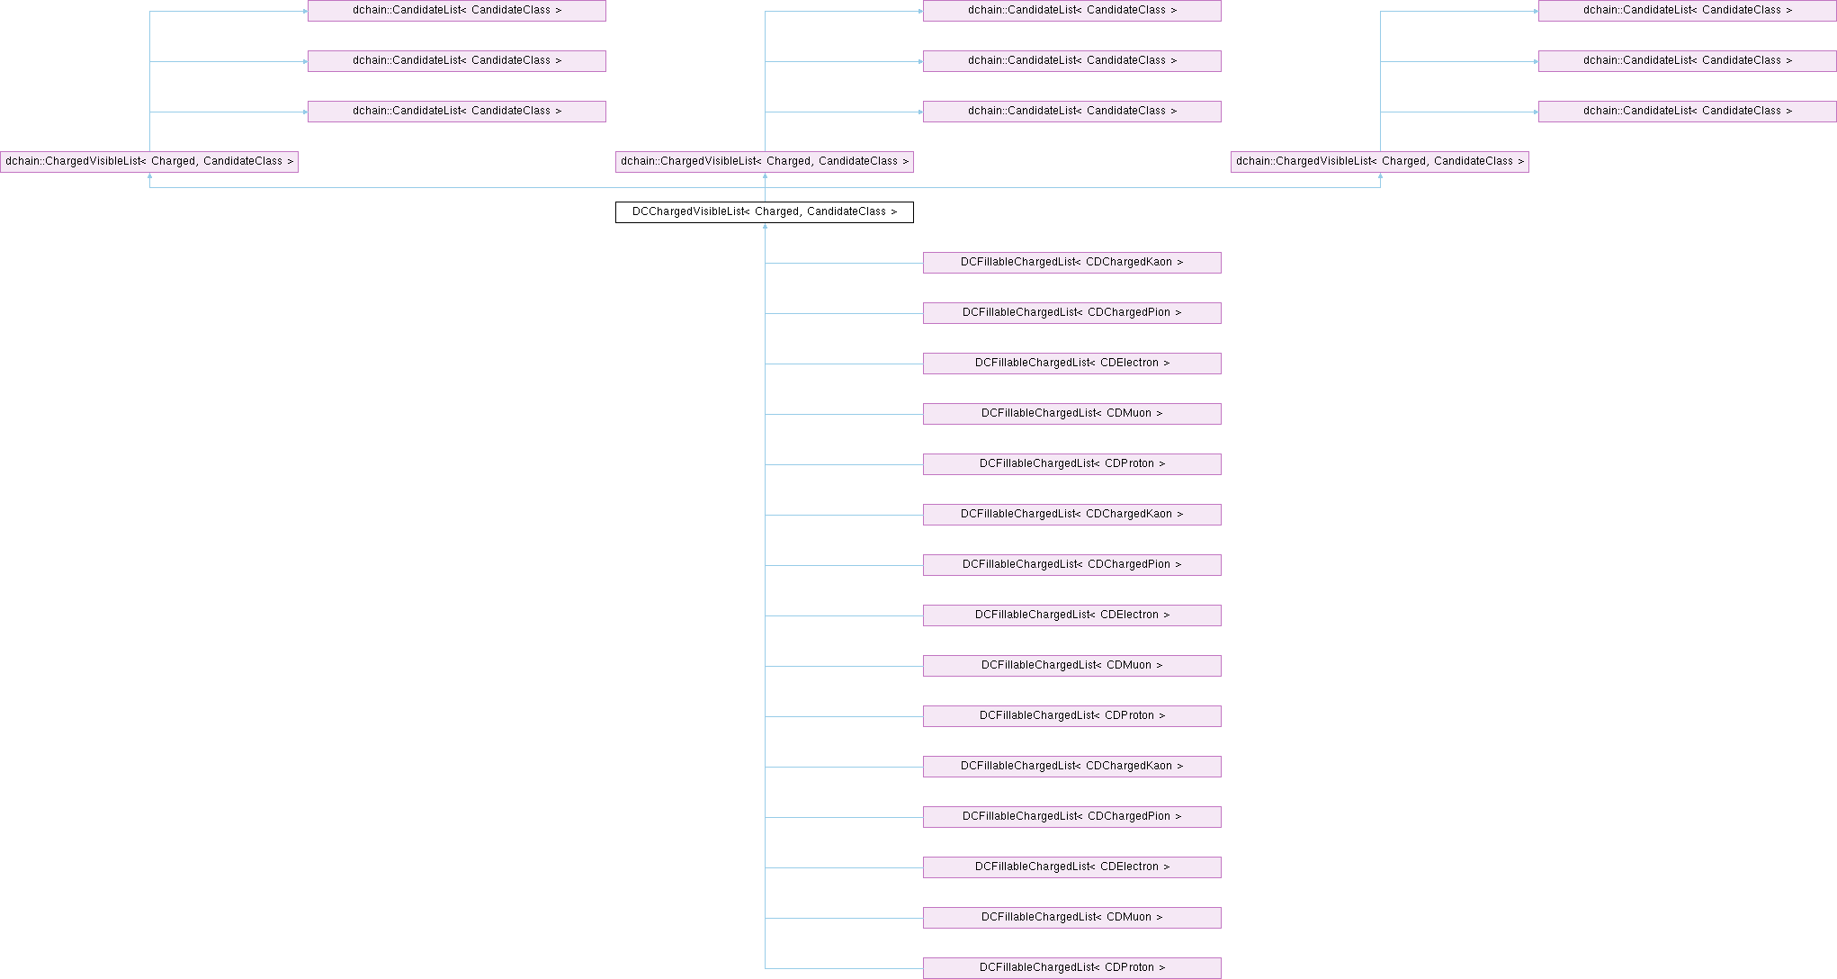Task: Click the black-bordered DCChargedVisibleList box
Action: pyautogui.click(x=764, y=212)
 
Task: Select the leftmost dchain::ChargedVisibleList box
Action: pyautogui.click(x=149, y=162)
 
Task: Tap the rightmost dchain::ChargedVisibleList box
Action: pyautogui.click(x=1379, y=162)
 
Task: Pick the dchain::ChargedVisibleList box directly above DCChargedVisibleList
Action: pyautogui.click(x=764, y=162)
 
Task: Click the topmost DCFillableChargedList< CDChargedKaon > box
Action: pyautogui.click(x=1071, y=263)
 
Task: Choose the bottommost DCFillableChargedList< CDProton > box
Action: pyautogui.click(x=1071, y=968)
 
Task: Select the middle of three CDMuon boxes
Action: pyautogui.click(x=1071, y=666)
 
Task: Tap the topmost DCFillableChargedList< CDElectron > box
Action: pyautogui.click(x=1071, y=364)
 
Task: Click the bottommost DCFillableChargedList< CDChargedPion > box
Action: pyautogui.click(x=1071, y=817)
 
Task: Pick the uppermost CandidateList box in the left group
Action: pyautogui.click(x=456, y=11)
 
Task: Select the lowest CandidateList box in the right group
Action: pyautogui.click(x=1687, y=112)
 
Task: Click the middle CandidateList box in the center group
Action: pyautogui.click(x=1071, y=61)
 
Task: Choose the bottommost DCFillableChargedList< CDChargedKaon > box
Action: pyautogui.click(x=1071, y=767)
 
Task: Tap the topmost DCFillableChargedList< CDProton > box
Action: pyautogui.click(x=1071, y=464)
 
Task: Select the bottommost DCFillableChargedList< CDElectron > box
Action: pyautogui.click(x=1071, y=867)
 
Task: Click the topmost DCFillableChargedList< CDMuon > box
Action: pyautogui.click(x=1071, y=414)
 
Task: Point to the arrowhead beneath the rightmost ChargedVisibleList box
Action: pyautogui.click(x=1380, y=176)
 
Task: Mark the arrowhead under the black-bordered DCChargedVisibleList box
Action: pyautogui.click(x=765, y=227)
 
